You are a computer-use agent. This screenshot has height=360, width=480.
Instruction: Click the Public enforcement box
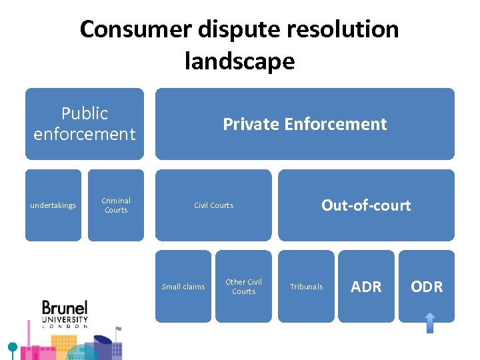(x=85, y=124)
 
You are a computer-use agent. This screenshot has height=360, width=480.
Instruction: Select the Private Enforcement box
(x=305, y=124)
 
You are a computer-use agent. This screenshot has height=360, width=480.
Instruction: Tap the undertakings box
(x=53, y=205)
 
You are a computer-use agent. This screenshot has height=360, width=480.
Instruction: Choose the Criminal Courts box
(x=116, y=205)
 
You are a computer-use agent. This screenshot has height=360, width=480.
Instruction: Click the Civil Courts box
(x=213, y=205)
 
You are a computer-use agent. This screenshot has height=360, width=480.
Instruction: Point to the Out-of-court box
(x=366, y=205)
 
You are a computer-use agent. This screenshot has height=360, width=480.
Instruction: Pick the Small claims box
(x=183, y=287)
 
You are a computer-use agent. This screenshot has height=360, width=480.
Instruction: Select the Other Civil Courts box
(x=244, y=287)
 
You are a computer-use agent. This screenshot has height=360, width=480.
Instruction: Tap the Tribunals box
(x=306, y=287)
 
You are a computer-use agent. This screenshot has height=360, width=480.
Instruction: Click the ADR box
(x=366, y=287)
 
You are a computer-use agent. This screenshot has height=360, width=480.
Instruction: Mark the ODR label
(x=427, y=287)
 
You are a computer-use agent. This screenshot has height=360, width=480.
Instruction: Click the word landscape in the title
(x=239, y=61)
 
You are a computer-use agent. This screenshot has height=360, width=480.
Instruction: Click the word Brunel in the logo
(x=65, y=309)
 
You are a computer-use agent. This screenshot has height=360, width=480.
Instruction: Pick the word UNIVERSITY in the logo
(x=65, y=320)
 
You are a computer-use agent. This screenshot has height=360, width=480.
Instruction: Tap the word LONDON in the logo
(x=65, y=326)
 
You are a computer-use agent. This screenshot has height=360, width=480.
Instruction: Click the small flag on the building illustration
(x=119, y=329)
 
